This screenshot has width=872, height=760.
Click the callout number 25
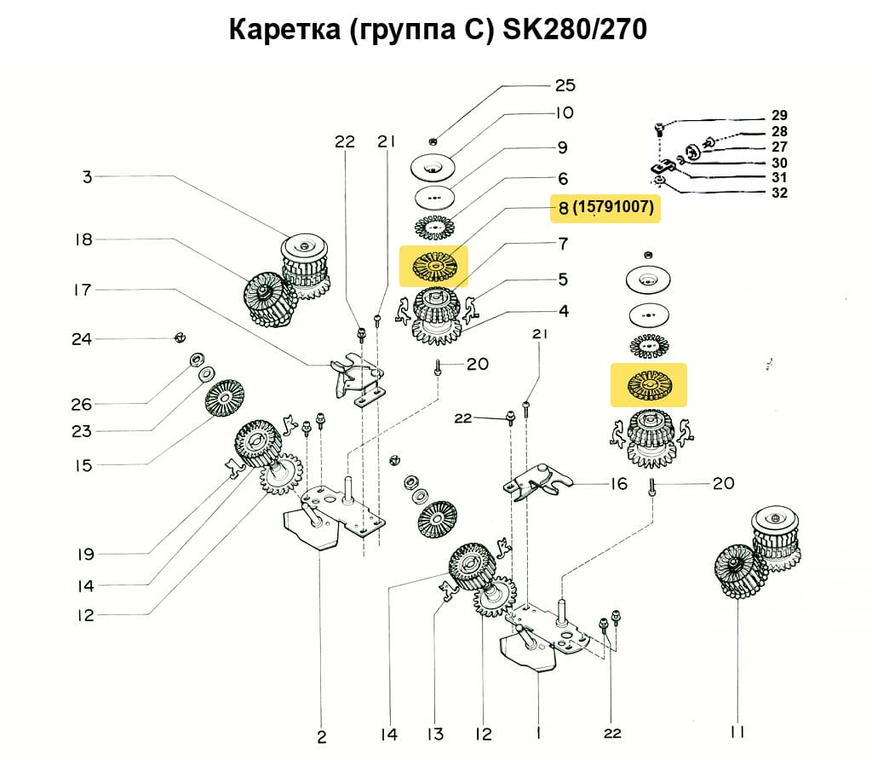[565, 85]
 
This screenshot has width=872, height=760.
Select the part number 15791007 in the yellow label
[615, 208]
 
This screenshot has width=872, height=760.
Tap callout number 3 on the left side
[87, 177]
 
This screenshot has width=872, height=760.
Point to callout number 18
[83, 240]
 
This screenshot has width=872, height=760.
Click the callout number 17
[82, 290]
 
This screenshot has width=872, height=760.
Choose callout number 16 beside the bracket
[618, 484]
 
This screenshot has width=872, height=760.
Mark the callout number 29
[780, 115]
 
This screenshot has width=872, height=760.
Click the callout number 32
[780, 193]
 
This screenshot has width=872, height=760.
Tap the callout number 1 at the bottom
[538, 732]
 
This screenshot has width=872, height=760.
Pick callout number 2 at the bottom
[322, 736]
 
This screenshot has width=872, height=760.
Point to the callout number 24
[82, 339]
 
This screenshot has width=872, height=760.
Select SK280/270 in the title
[576, 30]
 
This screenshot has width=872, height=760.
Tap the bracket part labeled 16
[533, 484]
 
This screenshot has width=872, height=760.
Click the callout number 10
[565, 112]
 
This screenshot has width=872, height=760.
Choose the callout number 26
[82, 403]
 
